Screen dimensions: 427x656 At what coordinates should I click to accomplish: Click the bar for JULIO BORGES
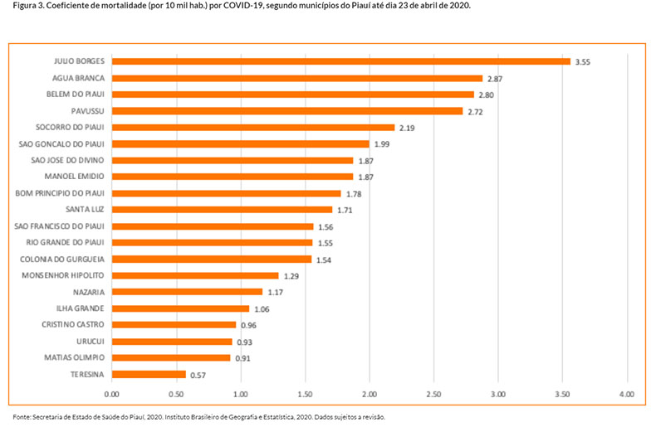(340, 61)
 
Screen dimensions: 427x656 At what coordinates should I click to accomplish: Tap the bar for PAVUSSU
(286, 111)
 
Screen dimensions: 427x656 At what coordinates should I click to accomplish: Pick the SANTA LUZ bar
(222, 210)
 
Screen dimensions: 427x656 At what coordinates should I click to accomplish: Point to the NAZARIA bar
(187, 292)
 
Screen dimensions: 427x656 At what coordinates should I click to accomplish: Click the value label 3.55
(585, 61)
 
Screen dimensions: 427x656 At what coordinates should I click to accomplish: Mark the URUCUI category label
(91, 342)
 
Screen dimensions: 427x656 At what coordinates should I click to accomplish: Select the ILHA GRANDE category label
(81, 308)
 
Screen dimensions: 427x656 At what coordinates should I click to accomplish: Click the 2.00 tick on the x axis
(369, 395)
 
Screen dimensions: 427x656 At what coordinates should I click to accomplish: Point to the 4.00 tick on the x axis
(627, 395)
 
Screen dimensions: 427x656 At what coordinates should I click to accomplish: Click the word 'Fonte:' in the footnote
(21, 417)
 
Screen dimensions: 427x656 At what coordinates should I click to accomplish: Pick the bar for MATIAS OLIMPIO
(171, 358)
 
